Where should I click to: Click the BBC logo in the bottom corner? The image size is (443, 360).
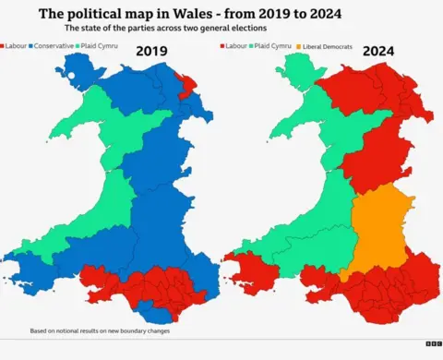(431, 343)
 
